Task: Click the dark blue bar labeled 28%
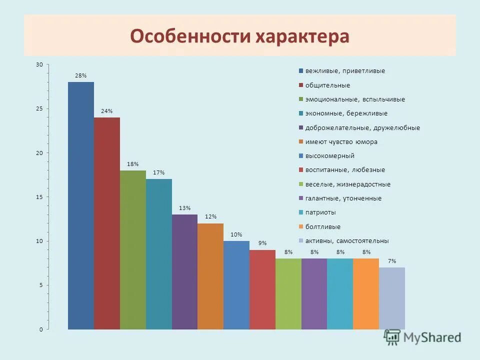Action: coord(81,205)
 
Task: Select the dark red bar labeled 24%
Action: coord(107,223)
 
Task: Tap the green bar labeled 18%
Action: coord(133,249)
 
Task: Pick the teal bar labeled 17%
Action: coord(159,254)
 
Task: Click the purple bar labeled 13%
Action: coord(185,271)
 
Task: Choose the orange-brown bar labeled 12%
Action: coord(210,276)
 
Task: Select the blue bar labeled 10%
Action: coord(236,285)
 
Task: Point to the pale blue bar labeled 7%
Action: coord(392,298)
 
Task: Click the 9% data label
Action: coord(262,243)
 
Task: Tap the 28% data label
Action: coord(81,75)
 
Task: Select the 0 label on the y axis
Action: coord(41,329)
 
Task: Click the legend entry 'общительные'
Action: coord(327,85)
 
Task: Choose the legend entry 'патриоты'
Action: coord(320,212)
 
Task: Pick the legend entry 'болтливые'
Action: coord(323,226)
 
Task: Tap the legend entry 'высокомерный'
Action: coord(329,156)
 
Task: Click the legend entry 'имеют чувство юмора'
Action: coord(341,142)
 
